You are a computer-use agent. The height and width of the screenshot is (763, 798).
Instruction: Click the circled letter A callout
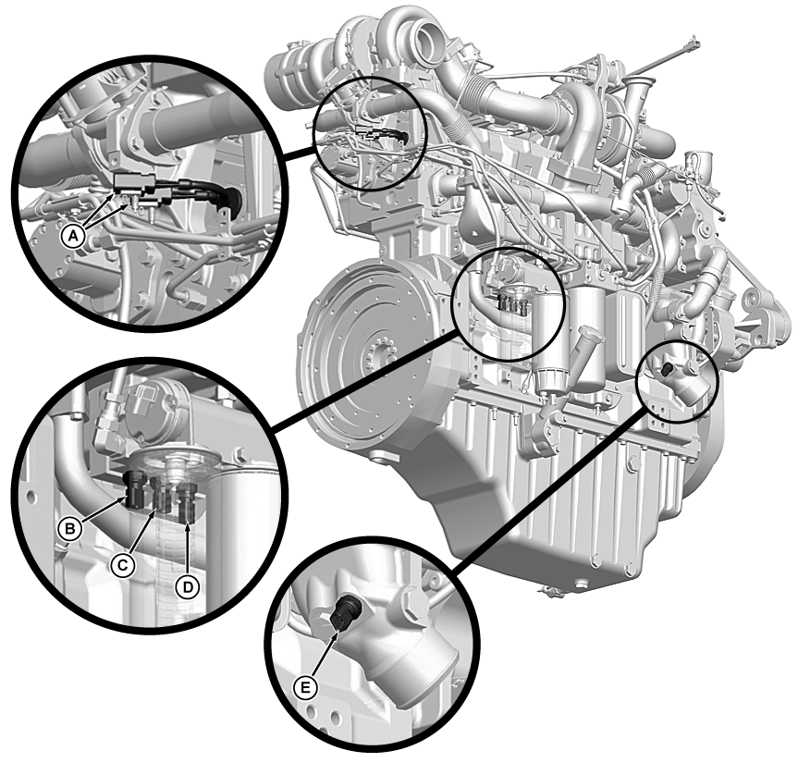click(74, 236)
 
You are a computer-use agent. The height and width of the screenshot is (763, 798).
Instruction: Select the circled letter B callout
click(69, 529)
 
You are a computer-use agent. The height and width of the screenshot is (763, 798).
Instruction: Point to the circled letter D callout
click(189, 587)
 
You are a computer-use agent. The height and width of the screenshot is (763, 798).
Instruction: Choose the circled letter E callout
click(305, 688)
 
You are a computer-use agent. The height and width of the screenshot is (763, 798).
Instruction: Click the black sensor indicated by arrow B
click(135, 490)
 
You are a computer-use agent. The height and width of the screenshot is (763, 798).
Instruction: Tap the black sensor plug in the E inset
click(345, 613)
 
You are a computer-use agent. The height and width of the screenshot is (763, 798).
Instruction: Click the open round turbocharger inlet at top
click(432, 40)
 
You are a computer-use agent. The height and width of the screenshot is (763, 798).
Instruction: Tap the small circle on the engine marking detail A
click(370, 133)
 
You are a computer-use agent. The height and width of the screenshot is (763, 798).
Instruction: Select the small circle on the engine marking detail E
click(678, 381)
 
